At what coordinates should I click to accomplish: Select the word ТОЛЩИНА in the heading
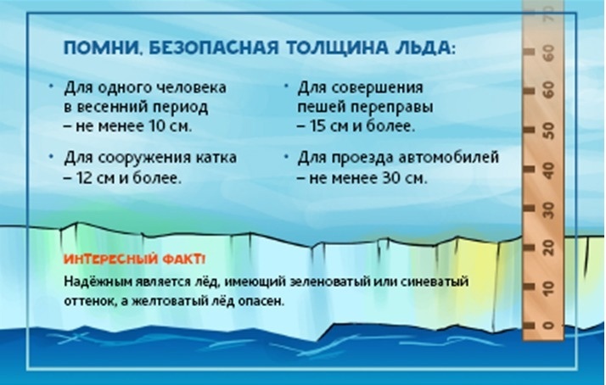coord(338,47)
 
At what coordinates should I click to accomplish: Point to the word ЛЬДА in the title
coord(423,47)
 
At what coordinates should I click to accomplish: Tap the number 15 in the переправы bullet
coord(317,126)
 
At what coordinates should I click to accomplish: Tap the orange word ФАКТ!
coord(184,259)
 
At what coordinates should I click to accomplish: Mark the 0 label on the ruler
coord(548,325)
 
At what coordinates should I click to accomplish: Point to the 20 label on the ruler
coord(548,248)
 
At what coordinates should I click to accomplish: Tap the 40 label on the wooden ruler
coord(548,170)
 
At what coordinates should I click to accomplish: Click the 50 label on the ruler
coord(548,131)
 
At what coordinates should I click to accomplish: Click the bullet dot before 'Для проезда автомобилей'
coord(286,156)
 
